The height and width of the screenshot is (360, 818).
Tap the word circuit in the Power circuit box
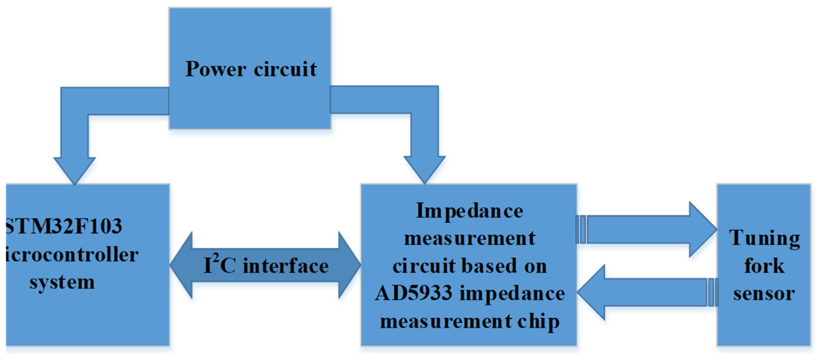pos(285,69)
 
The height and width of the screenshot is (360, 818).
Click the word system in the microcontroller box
pos(62,282)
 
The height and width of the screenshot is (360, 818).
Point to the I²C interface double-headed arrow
pos(265,265)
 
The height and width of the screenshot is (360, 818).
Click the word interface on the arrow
pos(286,266)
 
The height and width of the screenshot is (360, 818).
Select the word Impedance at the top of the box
pos(469,211)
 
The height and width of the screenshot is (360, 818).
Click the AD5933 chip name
pos(413,293)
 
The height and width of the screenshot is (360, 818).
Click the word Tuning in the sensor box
pos(764,238)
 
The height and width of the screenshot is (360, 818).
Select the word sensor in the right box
pos(764,293)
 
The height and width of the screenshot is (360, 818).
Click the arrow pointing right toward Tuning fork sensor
pos(648,229)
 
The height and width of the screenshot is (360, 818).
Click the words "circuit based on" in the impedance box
pos(469,266)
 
